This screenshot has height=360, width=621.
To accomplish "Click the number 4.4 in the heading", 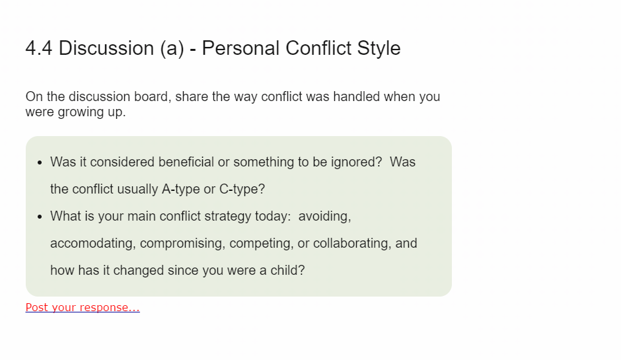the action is (x=39, y=48).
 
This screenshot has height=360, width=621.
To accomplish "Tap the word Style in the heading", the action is (x=379, y=49).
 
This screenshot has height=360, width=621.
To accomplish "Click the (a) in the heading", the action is (x=172, y=49).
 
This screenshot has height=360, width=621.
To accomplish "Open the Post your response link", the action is (x=83, y=307).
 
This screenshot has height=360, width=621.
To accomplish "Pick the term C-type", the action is (x=238, y=190).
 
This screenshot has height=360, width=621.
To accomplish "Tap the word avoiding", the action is (x=324, y=216).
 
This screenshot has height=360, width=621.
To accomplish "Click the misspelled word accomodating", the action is (x=92, y=243).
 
